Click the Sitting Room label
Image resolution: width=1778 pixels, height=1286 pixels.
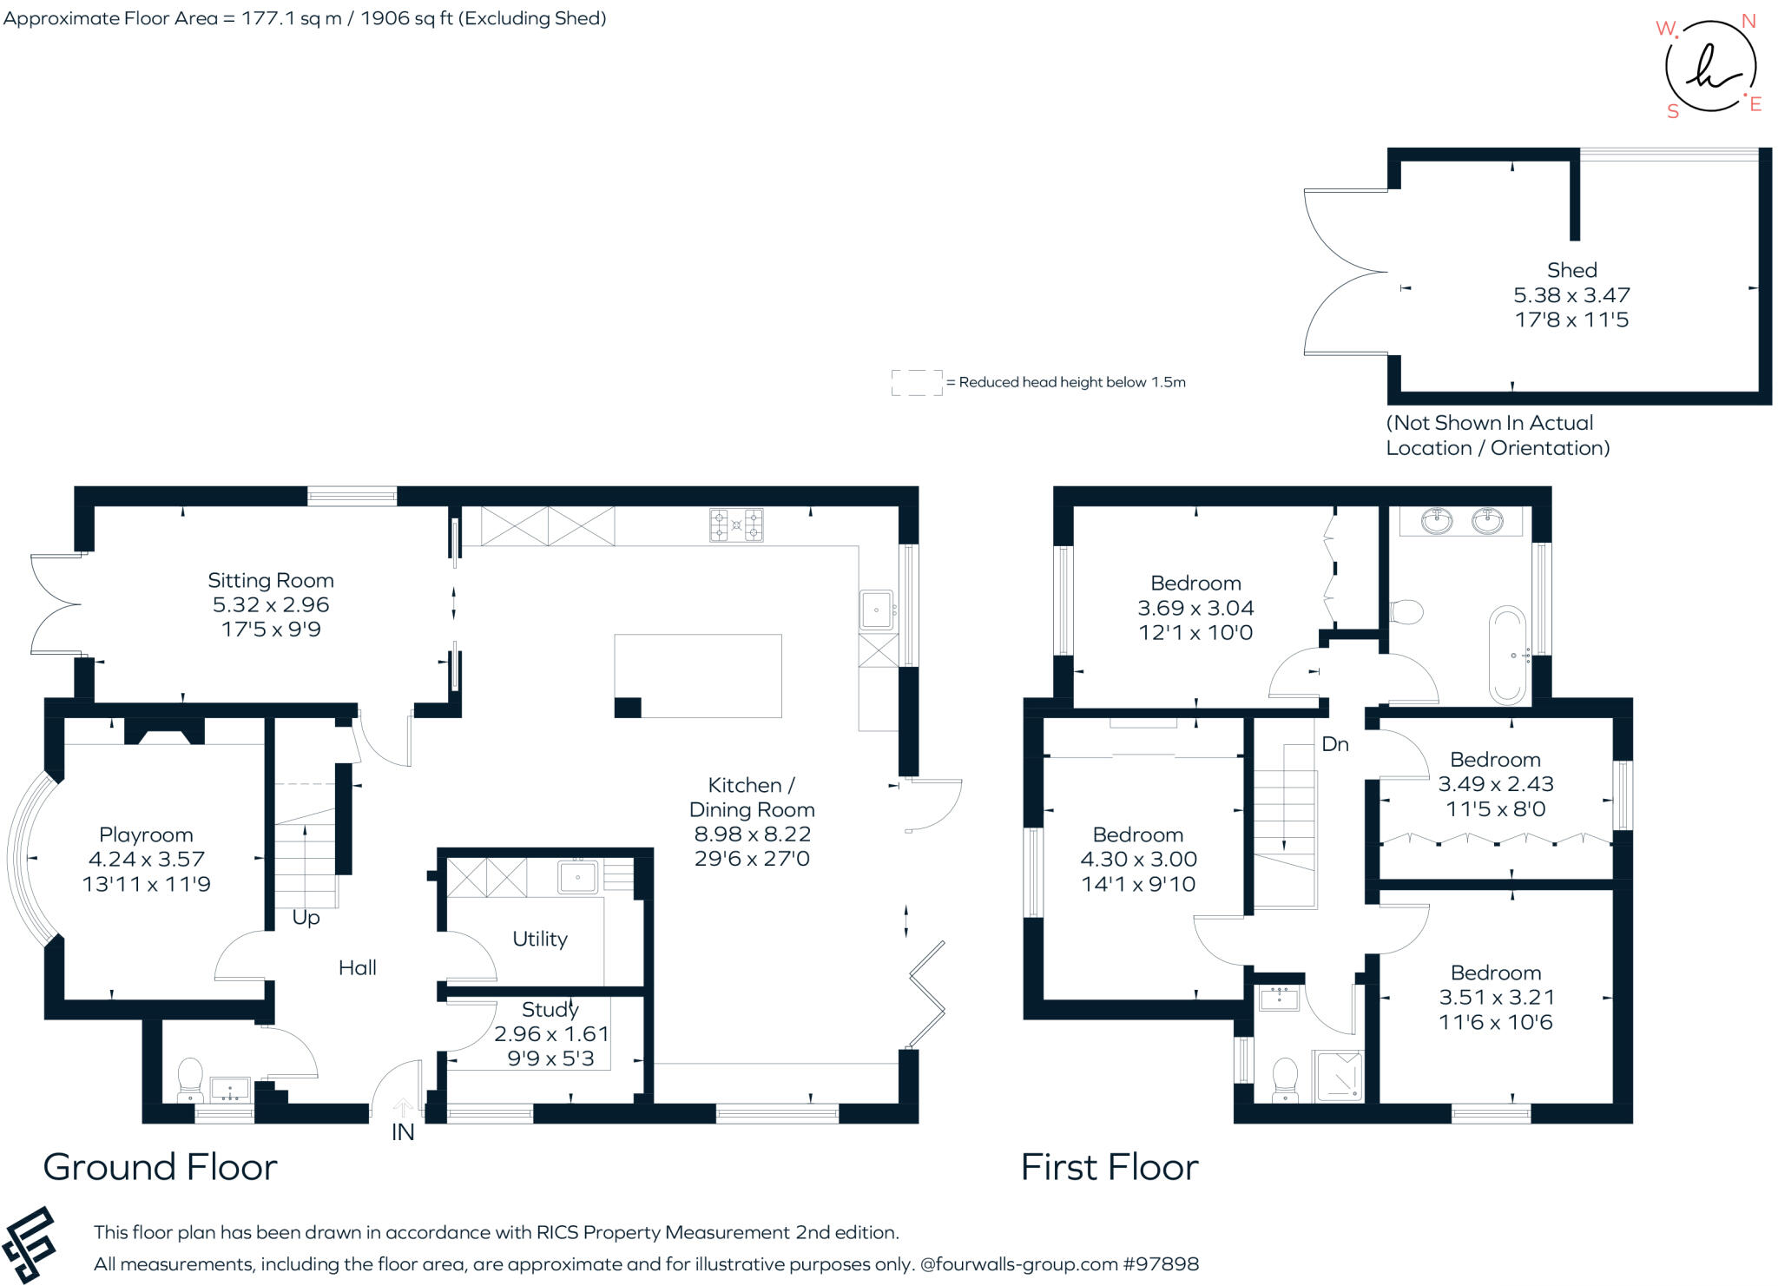[x=270, y=580]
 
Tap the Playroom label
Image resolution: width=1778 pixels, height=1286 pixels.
[x=146, y=834]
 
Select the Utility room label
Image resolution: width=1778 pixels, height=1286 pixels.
[x=539, y=939]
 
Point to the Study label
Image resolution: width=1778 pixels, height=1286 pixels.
[x=550, y=1009]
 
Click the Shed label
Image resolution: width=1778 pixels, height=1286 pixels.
[x=1571, y=270]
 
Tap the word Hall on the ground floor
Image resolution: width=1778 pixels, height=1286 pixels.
[x=357, y=967]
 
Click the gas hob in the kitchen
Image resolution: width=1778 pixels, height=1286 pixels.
[x=736, y=525]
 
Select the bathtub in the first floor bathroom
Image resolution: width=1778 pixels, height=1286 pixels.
[x=1507, y=655]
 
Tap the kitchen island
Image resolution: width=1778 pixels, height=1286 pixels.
[x=698, y=676]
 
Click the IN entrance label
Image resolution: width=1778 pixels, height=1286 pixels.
[x=403, y=1132]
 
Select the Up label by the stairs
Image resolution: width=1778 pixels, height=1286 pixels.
[x=306, y=917]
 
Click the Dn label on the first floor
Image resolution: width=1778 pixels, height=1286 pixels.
[x=1334, y=744]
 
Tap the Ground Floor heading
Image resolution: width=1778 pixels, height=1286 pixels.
[x=160, y=1167]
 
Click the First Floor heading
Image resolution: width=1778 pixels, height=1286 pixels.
[x=1109, y=1167]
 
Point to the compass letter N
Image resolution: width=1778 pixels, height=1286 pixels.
[x=1748, y=21]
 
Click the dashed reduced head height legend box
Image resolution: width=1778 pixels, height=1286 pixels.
[x=916, y=382]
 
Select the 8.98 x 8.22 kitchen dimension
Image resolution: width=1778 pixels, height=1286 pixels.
[x=752, y=834]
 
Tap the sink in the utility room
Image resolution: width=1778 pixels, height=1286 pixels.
[x=577, y=877]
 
